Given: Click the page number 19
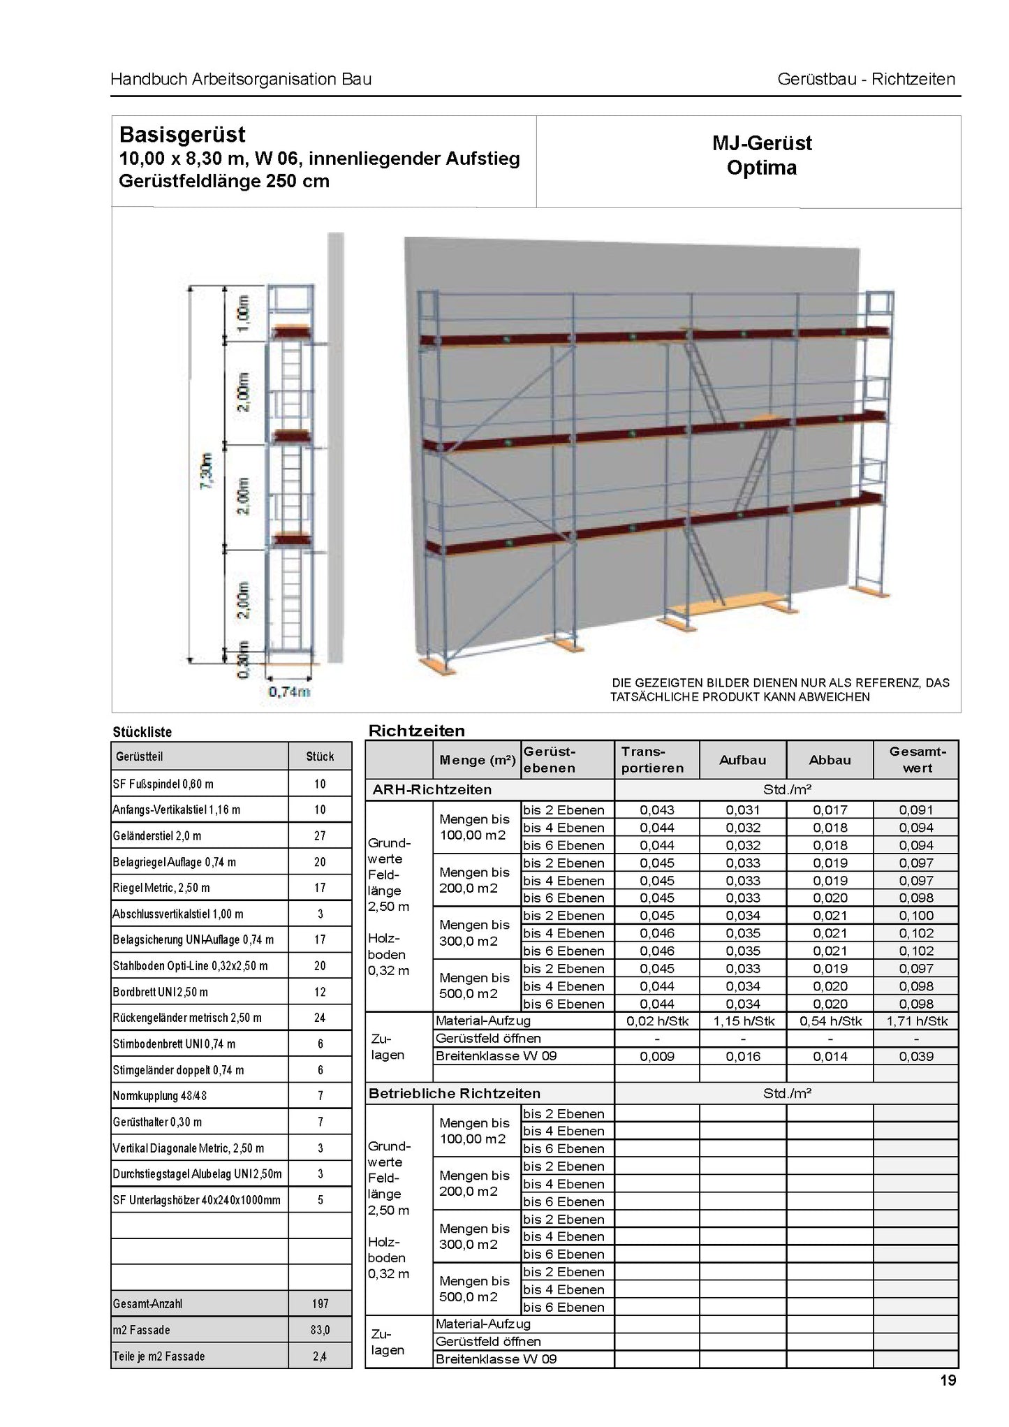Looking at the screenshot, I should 948,1380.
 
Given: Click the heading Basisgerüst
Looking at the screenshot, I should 182,134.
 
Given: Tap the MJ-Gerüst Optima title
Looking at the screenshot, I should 761,155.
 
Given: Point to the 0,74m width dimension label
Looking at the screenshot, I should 289,691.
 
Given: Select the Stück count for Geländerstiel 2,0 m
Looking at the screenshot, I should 320,835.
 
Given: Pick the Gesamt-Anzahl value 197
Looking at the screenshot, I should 320,1304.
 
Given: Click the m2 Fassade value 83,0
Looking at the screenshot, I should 320,1330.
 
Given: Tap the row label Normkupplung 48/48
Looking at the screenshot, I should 160,1096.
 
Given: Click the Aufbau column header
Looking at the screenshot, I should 742,760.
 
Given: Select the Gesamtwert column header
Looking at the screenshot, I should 917,760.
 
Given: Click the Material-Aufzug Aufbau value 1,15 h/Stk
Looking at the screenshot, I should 743,1021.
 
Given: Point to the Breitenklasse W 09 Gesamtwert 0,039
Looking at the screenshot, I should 916,1056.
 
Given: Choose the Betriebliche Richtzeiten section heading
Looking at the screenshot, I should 455,1093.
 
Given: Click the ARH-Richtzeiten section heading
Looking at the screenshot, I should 432,790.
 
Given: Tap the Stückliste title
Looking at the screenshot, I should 142,732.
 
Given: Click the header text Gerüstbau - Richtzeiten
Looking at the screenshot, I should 866,79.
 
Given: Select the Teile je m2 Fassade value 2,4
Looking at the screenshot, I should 320,1356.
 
